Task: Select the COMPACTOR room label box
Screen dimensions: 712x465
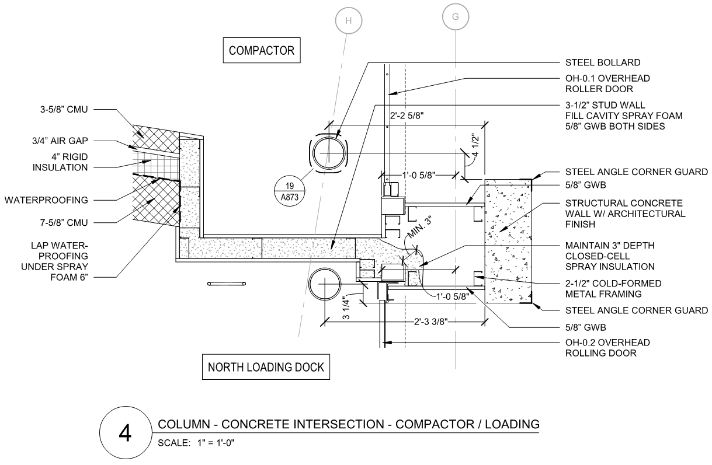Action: [x=262, y=50]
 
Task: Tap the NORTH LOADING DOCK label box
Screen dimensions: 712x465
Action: [x=266, y=367]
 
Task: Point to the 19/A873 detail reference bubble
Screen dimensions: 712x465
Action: [x=290, y=191]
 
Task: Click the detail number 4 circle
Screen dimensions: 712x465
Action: [x=126, y=432]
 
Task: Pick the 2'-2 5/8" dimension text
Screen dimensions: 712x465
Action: [x=407, y=116]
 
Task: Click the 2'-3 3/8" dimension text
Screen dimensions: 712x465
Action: [x=430, y=322]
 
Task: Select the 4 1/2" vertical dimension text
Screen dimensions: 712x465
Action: [x=475, y=145]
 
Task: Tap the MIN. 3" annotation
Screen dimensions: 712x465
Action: [x=419, y=228]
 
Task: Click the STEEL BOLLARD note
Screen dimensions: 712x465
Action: [x=603, y=62]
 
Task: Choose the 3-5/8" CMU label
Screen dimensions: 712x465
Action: [x=64, y=110]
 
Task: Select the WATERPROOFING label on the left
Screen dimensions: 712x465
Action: [x=46, y=200]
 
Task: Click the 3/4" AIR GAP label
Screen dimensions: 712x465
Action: [x=60, y=141]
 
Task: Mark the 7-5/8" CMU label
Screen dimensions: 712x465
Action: [x=64, y=223]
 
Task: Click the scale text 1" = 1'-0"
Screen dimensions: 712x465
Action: [x=216, y=443]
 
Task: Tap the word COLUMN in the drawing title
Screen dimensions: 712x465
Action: [x=184, y=424]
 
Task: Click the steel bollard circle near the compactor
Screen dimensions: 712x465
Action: [x=329, y=153]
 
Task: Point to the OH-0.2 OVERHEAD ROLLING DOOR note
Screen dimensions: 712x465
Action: [x=607, y=348]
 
